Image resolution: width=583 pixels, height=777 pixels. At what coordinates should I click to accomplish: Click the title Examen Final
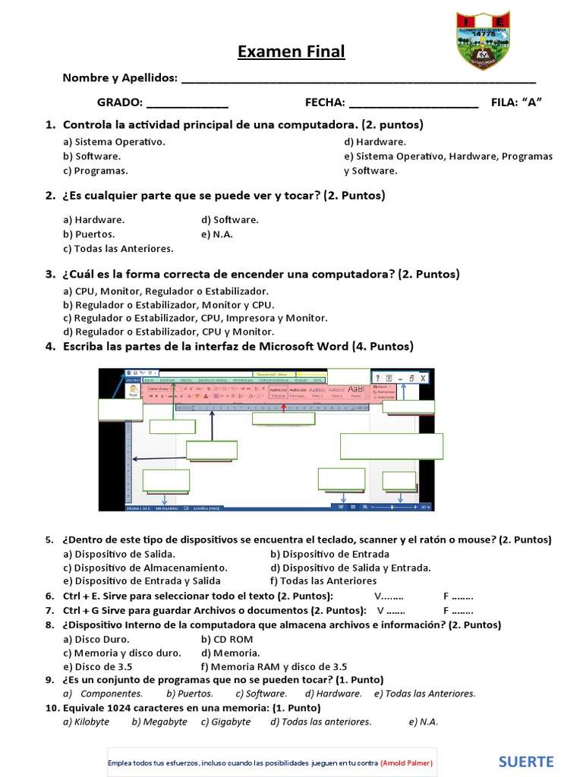coord(291,52)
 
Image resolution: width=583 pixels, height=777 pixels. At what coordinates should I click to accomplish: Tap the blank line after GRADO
coord(187,103)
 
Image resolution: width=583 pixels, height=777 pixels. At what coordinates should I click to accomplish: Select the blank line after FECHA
coord(414,103)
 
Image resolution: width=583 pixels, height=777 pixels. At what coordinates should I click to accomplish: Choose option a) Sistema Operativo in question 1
coord(114,142)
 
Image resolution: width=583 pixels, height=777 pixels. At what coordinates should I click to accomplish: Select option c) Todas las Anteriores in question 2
coord(118,249)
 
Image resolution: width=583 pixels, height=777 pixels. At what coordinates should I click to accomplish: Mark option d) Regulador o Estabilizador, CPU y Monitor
coord(169,332)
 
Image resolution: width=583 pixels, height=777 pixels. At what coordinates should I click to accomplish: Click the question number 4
coord(50,347)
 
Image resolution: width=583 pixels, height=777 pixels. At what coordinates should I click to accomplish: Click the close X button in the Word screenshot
coord(423,378)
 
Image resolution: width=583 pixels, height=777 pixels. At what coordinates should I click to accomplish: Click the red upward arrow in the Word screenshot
coord(283,408)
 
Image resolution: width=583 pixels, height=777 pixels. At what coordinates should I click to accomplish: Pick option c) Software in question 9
coord(261,694)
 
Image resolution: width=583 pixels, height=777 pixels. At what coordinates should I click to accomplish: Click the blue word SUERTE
coord(526,762)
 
